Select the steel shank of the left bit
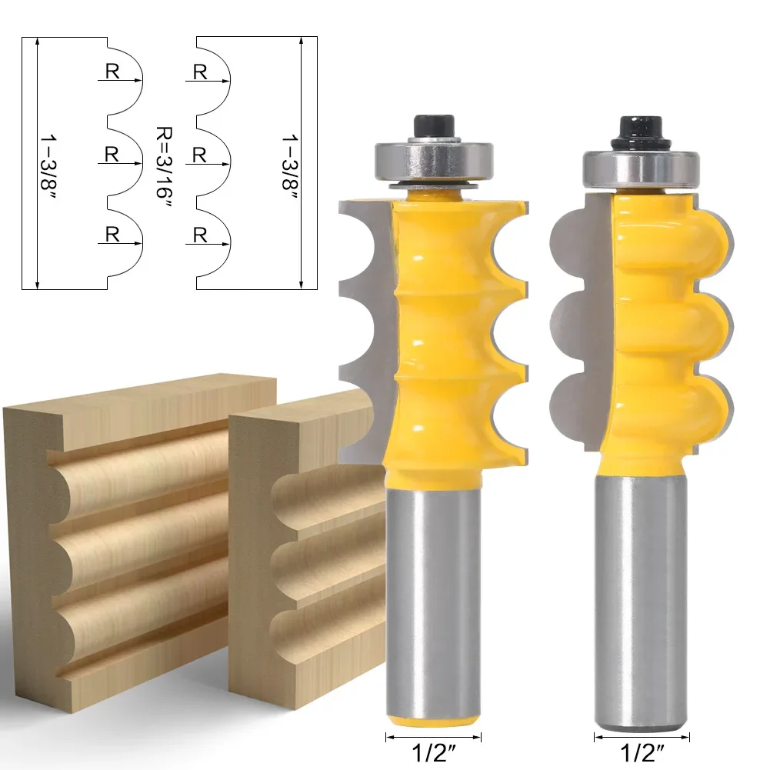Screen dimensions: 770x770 tap(432, 585)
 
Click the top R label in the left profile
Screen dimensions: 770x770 tap(112, 72)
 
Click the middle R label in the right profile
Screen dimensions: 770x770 tap(200, 155)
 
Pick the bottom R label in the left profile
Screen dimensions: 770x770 tap(112, 235)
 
